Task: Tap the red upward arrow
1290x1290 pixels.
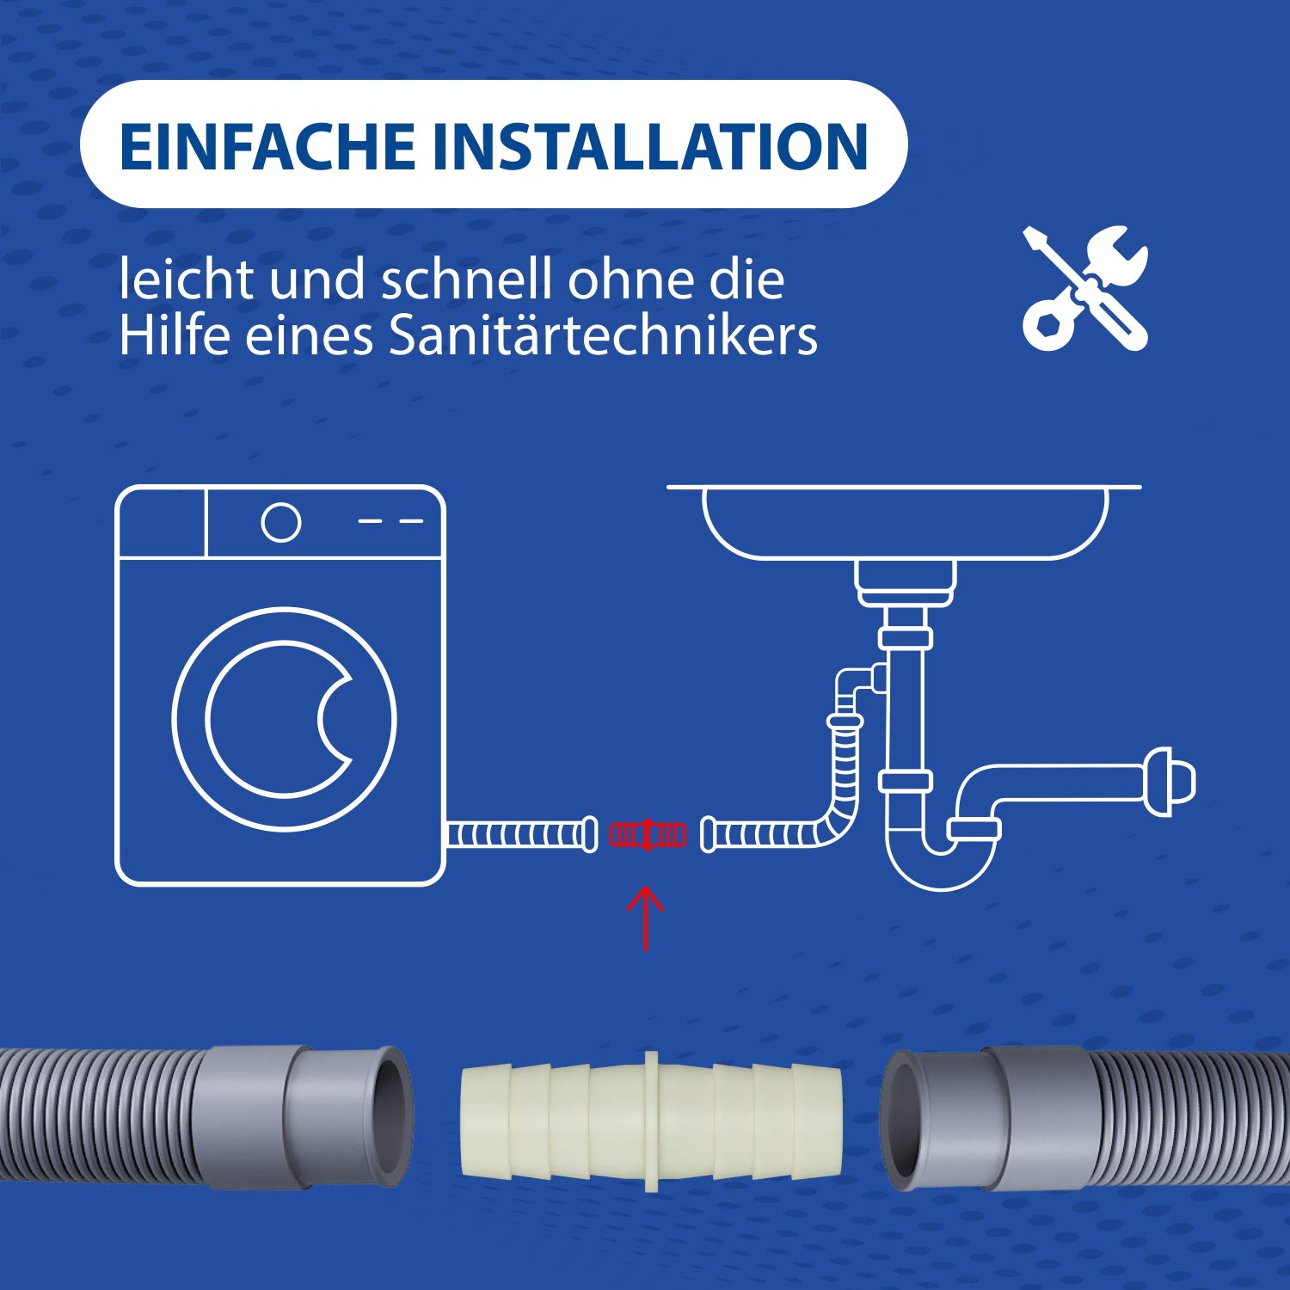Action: tap(646, 918)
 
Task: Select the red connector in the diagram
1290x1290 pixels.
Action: tap(648, 834)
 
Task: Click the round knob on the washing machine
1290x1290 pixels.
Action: tap(281, 521)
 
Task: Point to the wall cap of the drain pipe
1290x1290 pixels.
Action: tap(1170, 781)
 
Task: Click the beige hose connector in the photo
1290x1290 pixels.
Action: tap(651, 1120)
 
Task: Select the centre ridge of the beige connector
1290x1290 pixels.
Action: tap(651, 1120)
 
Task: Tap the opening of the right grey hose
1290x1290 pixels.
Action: tap(901, 1120)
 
